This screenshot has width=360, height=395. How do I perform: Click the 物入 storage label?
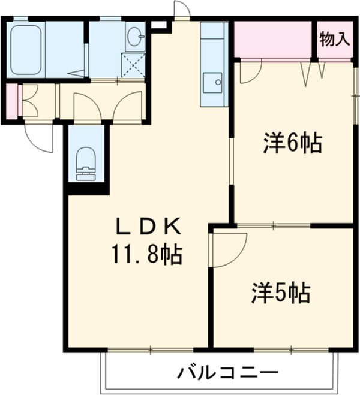click(x=334, y=40)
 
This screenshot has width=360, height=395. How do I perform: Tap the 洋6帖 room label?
click(x=292, y=144)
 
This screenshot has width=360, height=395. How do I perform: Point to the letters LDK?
click(x=148, y=226)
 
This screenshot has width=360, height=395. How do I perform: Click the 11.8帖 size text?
click(x=146, y=255)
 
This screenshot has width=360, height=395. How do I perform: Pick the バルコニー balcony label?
click(x=219, y=373)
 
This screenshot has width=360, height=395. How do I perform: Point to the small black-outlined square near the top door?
click(x=160, y=25)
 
